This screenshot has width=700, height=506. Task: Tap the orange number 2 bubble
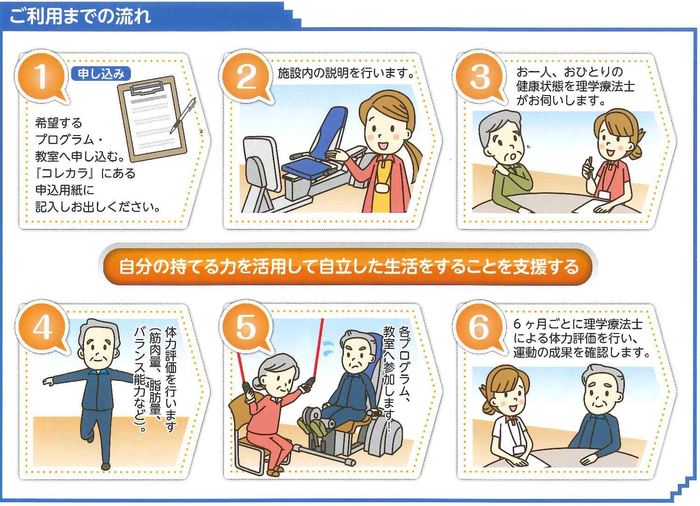coord(246,77)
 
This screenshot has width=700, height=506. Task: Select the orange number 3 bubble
coord(479,77)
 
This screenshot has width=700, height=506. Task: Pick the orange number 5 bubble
coord(246,328)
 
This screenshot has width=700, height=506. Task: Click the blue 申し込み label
coord(101,74)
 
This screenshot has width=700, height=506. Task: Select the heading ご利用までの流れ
coord(80,16)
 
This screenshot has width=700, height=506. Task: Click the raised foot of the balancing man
coord(90,439)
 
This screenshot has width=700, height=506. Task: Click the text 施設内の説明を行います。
coord(346,73)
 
